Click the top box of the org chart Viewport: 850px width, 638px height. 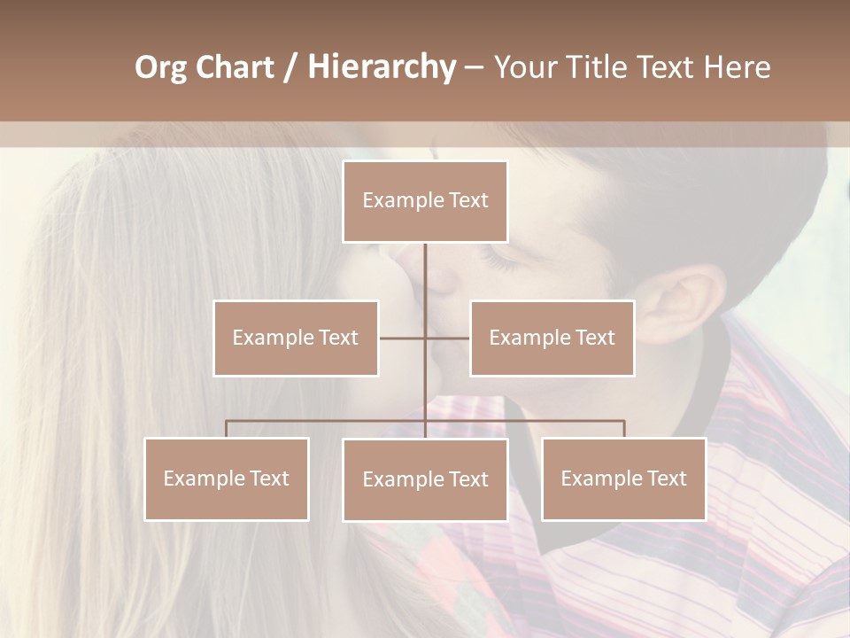pos(425,201)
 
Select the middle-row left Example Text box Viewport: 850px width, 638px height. pos(296,338)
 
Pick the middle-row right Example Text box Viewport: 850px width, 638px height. pos(552,338)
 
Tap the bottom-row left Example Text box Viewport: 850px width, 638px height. pos(227,478)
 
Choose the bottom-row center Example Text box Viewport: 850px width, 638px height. pos(425,479)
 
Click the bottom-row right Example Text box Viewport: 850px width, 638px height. pos(623,478)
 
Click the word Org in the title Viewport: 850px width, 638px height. pos(160,67)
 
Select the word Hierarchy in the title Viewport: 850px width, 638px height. pos(381,67)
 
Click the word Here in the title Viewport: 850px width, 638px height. pos(738,67)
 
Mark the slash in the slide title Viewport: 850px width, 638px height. pos(290,67)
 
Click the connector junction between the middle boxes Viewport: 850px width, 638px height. pos(425,338)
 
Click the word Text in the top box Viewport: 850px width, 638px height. pos(468,201)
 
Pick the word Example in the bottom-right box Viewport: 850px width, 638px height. pos(599,478)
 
